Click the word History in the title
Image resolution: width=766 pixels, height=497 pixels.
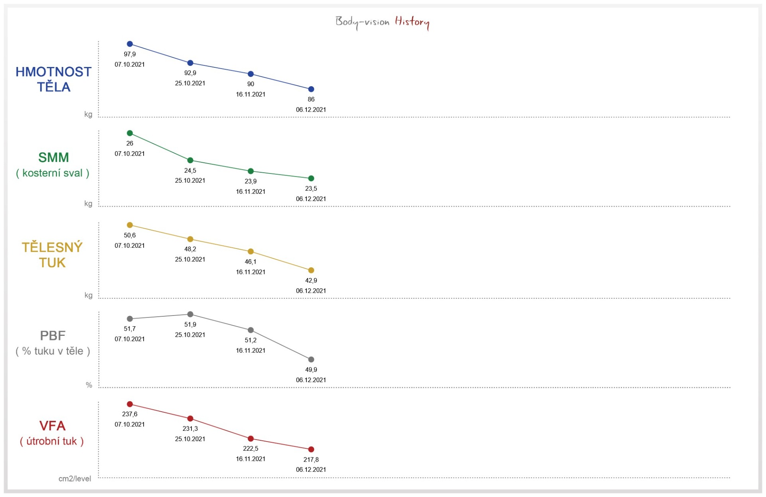pos(412,22)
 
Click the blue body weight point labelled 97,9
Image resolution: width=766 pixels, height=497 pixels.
pos(130,44)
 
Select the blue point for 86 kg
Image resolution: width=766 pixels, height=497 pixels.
pos(311,89)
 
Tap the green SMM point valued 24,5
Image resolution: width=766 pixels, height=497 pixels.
pos(190,160)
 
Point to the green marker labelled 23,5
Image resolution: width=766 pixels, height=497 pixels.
pos(311,178)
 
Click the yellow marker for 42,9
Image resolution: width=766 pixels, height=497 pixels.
pos(311,270)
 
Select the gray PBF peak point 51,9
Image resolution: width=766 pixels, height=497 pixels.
pos(190,314)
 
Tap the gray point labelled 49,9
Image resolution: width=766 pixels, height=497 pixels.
pos(311,360)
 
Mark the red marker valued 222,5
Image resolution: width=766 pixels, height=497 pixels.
pos(251,439)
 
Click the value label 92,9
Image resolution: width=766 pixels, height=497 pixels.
pos(190,73)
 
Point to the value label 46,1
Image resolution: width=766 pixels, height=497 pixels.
pos(251,262)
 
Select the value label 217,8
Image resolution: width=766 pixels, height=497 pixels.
pos(311,460)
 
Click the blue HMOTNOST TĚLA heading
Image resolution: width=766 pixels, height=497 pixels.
pos(53,79)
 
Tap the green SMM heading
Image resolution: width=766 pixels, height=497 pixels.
pos(53,158)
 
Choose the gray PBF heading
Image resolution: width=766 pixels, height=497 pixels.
pos(53,336)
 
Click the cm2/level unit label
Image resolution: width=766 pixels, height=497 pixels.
pos(75,479)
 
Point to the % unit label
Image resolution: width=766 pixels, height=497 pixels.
pos(89,385)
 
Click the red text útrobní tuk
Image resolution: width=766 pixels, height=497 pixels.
pos(52,441)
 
